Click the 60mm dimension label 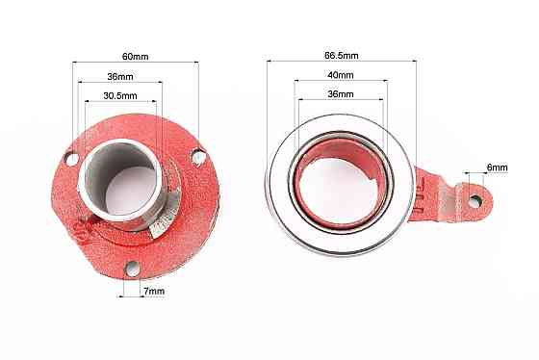[x=135, y=57]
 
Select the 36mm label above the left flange [x=120, y=76]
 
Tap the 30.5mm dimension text [x=120, y=95]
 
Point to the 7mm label [x=154, y=291]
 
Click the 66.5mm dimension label [x=342, y=56]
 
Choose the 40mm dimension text [x=341, y=75]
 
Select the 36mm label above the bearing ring [x=341, y=94]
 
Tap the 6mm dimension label [x=497, y=167]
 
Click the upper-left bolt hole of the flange [x=72, y=159]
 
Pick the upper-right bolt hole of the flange [x=198, y=158]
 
